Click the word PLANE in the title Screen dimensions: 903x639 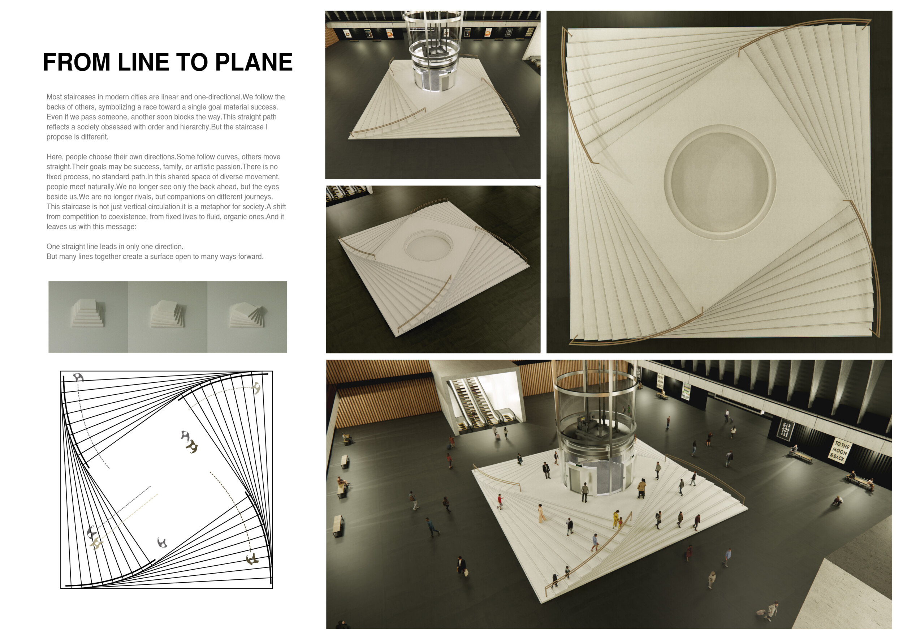pyautogui.click(x=254, y=62)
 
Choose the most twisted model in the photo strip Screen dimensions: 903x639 pyautogui.click(x=247, y=317)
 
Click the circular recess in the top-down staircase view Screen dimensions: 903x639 pyautogui.click(x=720, y=182)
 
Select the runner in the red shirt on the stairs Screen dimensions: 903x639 pyautogui.click(x=500, y=502)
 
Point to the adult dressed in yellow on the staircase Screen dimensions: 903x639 pyautogui.click(x=616, y=519)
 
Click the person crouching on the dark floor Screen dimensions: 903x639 pyautogui.click(x=838, y=501)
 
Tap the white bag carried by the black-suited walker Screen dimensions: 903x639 pyautogui.click(x=466, y=572)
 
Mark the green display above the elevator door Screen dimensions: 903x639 pyautogui.click(x=579, y=466)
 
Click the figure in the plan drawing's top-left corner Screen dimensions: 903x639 pyautogui.click(x=79, y=377)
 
